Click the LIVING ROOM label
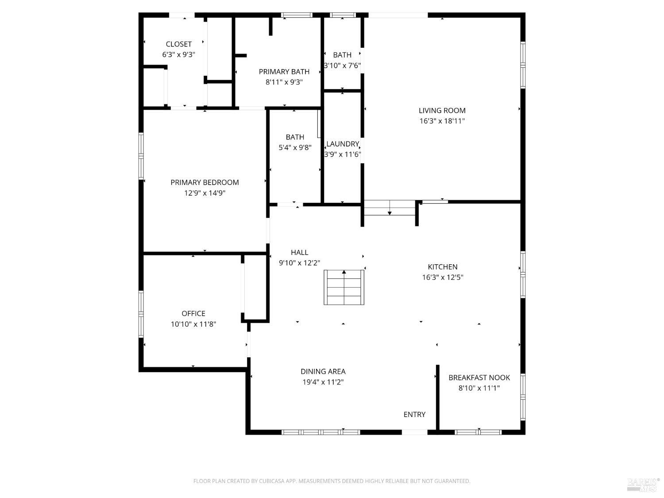pos(442,111)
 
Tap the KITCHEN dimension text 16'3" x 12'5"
pos(443,277)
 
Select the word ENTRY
pos(414,414)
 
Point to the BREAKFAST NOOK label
pos(479,378)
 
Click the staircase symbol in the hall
pos(344,287)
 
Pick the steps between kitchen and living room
pos(390,208)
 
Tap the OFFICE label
pos(193,313)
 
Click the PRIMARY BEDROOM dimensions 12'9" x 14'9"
pos(205,193)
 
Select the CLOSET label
pos(178,44)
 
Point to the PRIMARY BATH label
pos(284,72)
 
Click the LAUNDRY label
pos(343,144)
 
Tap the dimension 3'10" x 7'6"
pos(343,66)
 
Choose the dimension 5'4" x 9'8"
pos(295,147)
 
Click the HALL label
pos(300,252)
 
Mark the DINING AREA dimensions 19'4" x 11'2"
pos(323,382)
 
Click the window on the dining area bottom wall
pos(320,432)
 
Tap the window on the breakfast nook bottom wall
pos(478,432)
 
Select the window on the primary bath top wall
pos(297,15)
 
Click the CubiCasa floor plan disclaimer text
pos(332,481)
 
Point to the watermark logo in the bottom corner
pos(644,485)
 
